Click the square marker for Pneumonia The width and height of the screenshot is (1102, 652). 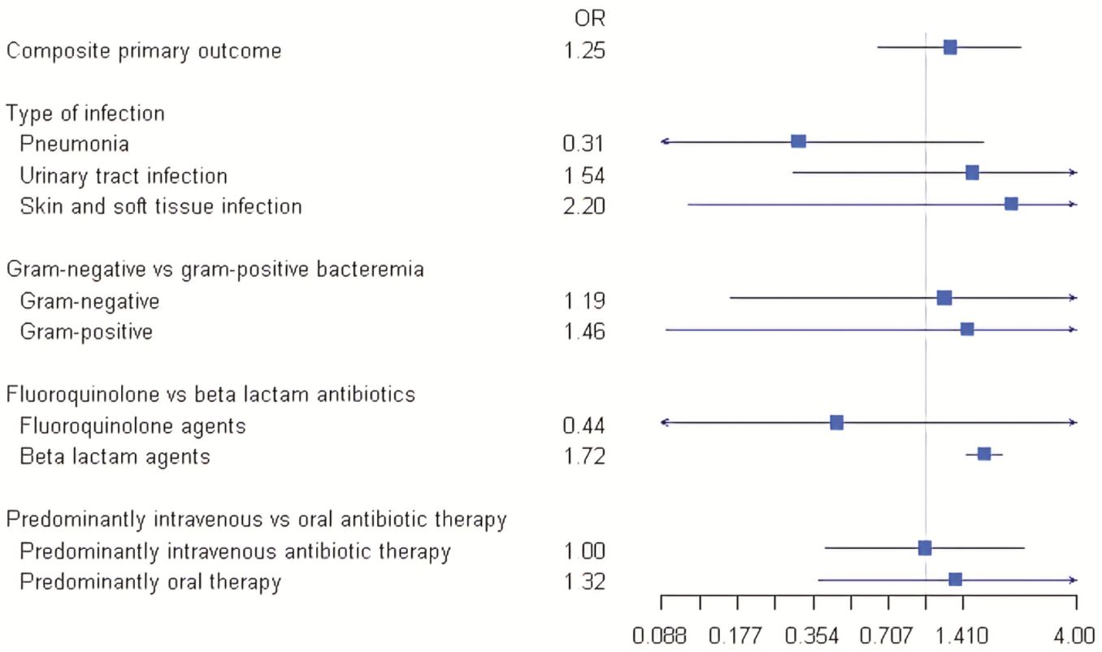click(798, 141)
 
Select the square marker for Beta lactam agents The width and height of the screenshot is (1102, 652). click(983, 454)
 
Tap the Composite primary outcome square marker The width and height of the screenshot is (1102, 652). click(949, 47)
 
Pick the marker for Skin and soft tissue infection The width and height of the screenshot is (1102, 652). click(1010, 204)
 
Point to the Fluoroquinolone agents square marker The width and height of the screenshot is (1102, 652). click(836, 422)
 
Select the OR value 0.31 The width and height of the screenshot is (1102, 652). click(584, 145)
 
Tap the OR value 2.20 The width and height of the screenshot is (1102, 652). click(584, 207)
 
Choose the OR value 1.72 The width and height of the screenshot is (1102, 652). click(584, 457)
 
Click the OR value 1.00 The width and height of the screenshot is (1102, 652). click(584, 552)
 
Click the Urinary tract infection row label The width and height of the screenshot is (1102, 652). click(124, 176)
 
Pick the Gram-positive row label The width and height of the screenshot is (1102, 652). click(86, 332)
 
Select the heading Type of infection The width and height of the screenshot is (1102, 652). click(85, 113)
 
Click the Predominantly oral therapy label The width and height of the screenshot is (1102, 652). click(150, 582)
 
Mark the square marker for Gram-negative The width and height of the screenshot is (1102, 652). click(944, 298)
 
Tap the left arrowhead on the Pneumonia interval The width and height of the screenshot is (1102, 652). click(664, 141)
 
